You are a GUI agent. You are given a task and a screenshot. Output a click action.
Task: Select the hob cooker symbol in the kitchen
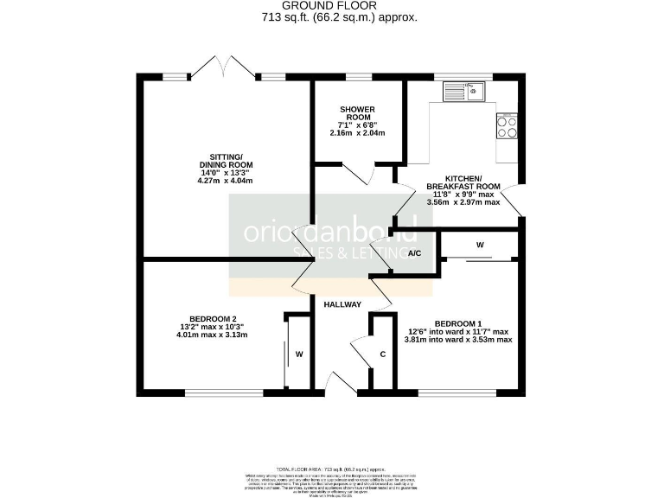(x=507, y=127)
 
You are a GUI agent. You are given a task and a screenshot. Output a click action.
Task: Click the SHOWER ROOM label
(x=355, y=112)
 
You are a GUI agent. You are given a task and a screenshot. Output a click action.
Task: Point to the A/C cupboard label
(x=414, y=253)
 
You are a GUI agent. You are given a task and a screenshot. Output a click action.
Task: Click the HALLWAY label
(x=342, y=305)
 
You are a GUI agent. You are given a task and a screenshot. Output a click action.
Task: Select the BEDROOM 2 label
(x=207, y=317)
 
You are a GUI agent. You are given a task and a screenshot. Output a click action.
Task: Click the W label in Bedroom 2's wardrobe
(x=299, y=354)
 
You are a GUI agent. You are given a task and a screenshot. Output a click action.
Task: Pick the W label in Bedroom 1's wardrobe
(x=480, y=246)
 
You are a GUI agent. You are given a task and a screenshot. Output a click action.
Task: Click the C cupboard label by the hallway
(x=382, y=354)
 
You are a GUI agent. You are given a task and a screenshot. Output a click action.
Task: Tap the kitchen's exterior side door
(x=512, y=200)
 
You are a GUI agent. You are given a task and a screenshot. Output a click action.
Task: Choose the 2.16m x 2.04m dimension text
(x=355, y=133)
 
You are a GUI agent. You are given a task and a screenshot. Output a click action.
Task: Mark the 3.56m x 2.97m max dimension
(x=463, y=202)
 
